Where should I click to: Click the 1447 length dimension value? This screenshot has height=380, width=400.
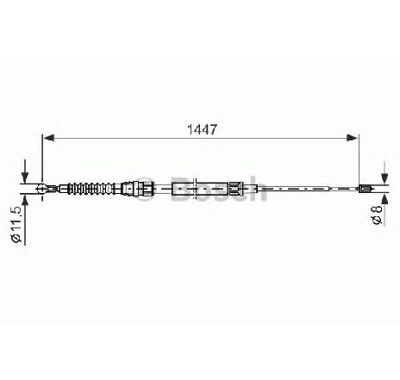click(202, 129)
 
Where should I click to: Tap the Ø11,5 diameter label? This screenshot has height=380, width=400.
click(16, 224)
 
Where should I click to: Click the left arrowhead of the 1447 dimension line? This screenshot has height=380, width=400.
click(48, 138)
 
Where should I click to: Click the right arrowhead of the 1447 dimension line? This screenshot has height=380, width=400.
click(353, 138)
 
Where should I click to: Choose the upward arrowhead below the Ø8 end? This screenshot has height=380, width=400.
click(384, 199)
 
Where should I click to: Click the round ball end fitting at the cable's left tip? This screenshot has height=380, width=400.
click(41, 189)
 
